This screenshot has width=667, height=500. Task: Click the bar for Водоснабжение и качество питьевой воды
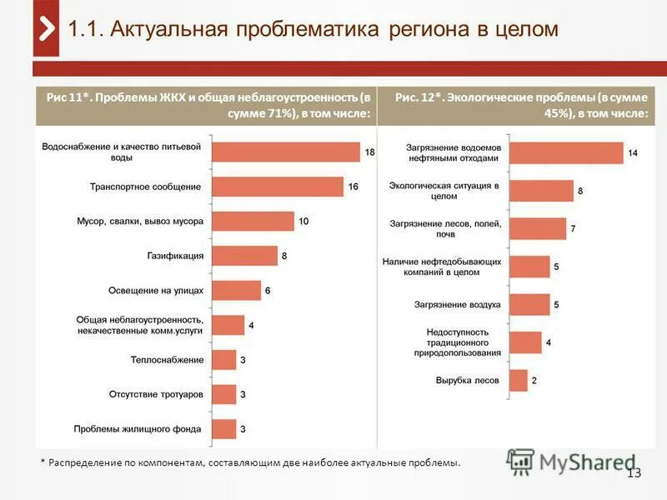285,152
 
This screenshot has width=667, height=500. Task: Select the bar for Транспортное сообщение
278,187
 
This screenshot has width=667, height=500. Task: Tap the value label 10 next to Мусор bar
303,222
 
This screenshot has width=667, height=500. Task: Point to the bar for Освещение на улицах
236,290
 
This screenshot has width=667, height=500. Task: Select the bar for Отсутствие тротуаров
223,394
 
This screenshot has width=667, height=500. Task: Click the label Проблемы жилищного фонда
137,429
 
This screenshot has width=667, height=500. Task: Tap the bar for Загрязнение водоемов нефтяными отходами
565,152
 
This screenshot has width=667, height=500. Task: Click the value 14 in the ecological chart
634,153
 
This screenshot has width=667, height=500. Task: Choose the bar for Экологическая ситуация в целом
540,191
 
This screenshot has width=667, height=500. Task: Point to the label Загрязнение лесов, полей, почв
444,229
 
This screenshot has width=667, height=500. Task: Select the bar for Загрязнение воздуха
529,305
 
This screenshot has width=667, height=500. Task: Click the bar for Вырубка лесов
518,381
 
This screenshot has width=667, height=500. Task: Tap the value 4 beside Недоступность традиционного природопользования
548,342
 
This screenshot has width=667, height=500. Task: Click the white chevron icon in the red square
46,28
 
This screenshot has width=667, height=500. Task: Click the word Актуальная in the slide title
158,29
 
